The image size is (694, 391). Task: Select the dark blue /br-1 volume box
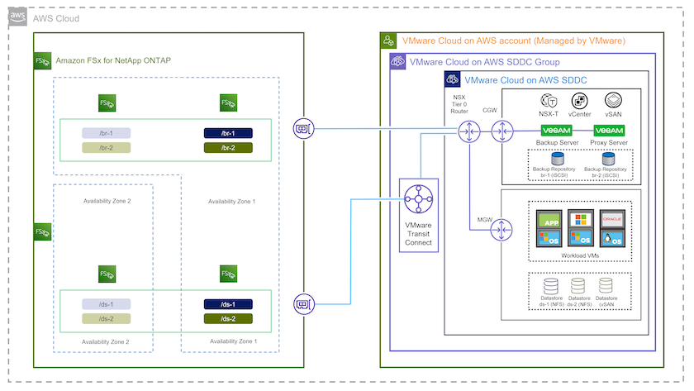tap(228, 133)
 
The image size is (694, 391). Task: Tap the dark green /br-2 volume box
tap(228, 147)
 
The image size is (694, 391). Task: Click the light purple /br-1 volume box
tap(105, 133)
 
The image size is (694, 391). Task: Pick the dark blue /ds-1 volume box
tap(228, 304)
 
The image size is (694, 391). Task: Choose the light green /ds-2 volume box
tap(105, 318)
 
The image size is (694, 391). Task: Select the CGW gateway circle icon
tap(501, 131)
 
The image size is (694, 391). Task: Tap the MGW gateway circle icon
tap(501, 232)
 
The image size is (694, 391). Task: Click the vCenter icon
tap(580, 101)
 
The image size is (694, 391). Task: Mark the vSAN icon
tap(613, 101)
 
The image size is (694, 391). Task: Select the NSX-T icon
tap(548, 101)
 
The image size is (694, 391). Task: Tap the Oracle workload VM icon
tap(613, 221)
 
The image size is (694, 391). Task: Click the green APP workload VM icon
tap(549, 221)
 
